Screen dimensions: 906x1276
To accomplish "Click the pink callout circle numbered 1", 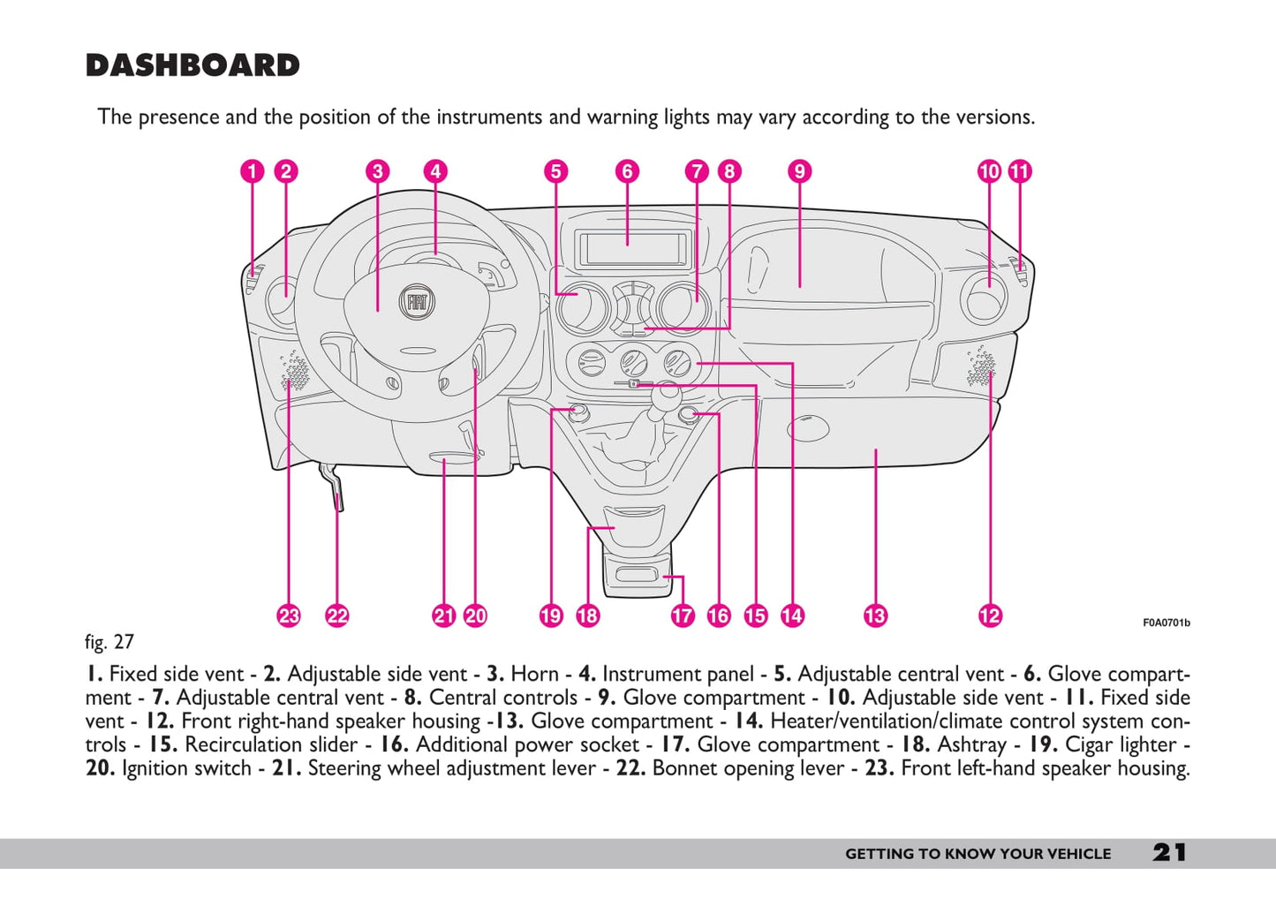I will tap(253, 171).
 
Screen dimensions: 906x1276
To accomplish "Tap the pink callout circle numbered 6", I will tap(627, 171).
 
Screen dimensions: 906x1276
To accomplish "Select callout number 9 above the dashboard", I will tap(799, 171).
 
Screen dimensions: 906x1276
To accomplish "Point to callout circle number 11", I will tap(1020, 171).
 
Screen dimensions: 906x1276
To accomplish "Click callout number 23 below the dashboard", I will tap(289, 615).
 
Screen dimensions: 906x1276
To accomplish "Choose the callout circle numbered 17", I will tap(683, 615).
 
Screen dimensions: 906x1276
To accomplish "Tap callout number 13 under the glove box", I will tap(875, 615).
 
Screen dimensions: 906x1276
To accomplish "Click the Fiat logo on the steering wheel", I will tap(417, 302).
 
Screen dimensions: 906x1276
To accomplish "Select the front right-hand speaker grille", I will tap(979, 366).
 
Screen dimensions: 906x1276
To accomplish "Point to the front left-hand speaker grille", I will tap(294, 373).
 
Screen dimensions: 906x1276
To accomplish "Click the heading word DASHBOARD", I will tap(193, 65).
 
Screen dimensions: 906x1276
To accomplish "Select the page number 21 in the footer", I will tap(1169, 852).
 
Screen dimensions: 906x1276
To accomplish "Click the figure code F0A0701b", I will tap(1166, 623).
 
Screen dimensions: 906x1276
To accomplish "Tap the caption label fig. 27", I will tap(109, 642).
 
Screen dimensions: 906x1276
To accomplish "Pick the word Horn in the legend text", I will tap(534, 674).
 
